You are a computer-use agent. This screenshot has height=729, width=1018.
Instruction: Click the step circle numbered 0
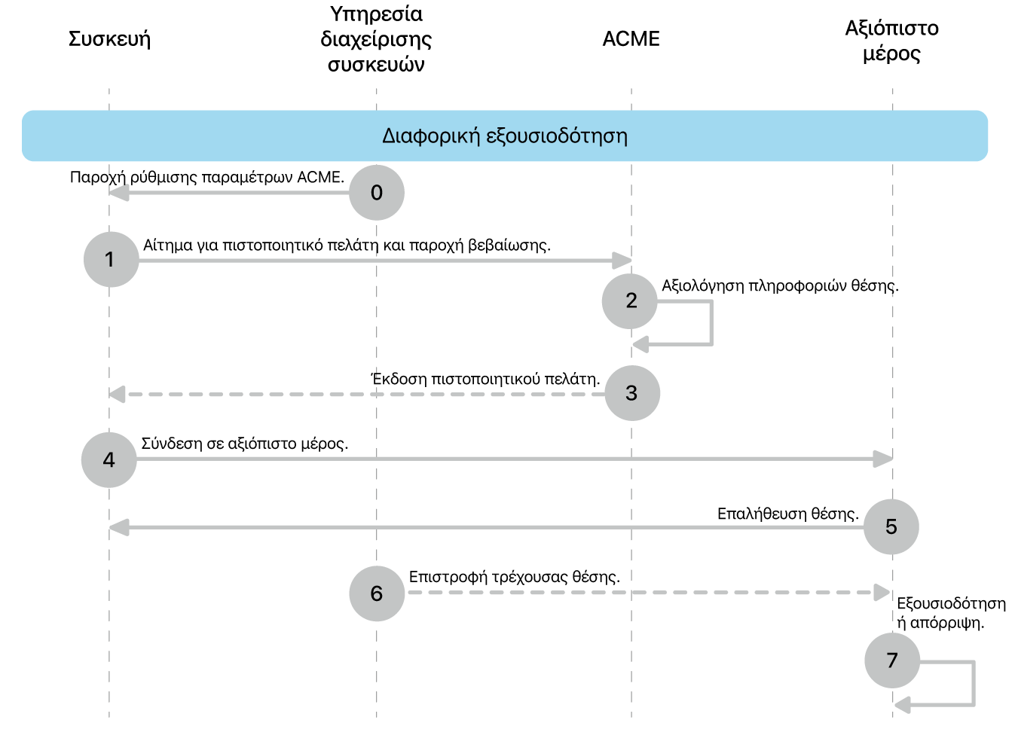[376, 193]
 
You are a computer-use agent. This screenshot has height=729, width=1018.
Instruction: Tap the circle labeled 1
[111, 259]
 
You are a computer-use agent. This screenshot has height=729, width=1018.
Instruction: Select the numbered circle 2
[629, 301]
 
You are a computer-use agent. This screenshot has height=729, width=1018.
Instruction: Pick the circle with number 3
[632, 393]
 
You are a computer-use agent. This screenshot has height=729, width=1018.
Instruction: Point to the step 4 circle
[109, 460]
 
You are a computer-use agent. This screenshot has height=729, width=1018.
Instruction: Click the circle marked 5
[891, 527]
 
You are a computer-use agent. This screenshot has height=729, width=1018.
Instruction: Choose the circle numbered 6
[377, 593]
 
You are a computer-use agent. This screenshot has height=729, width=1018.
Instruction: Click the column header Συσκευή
[109, 39]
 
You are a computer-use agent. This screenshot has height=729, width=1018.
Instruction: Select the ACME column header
[631, 39]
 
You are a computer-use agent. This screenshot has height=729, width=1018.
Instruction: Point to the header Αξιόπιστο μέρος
[891, 41]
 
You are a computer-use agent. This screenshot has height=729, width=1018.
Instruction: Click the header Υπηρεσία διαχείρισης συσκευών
[376, 39]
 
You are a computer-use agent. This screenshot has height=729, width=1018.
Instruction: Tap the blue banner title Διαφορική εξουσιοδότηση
[504, 136]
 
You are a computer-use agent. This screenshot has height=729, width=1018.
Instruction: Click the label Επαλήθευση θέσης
[788, 514]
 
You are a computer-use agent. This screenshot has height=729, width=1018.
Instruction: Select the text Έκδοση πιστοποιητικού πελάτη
[485, 378]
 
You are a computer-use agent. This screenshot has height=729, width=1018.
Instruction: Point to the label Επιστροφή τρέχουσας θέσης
[515, 578]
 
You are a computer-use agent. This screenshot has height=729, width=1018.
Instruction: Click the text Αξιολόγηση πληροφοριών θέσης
[781, 286]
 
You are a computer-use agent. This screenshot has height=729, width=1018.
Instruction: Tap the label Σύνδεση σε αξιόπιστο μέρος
[244, 444]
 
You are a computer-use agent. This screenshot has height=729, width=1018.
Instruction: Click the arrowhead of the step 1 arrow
[622, 261]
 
